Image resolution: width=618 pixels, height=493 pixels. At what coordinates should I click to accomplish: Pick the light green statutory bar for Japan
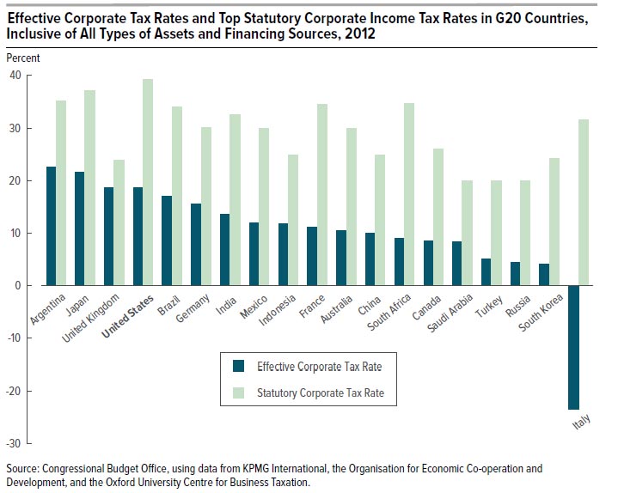(x=89, y=188)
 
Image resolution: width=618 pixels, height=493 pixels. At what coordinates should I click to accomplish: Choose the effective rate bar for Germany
(x=196, y=245)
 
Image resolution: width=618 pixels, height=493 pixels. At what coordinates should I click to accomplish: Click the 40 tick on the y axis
(x=15, y=76)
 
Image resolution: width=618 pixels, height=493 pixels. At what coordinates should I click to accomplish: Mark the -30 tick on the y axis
(x=13, y=443)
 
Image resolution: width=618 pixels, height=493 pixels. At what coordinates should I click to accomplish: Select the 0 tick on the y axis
(x=18, y=285)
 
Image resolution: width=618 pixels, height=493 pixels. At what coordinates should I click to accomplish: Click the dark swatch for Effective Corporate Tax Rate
(x=240, y=366)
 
